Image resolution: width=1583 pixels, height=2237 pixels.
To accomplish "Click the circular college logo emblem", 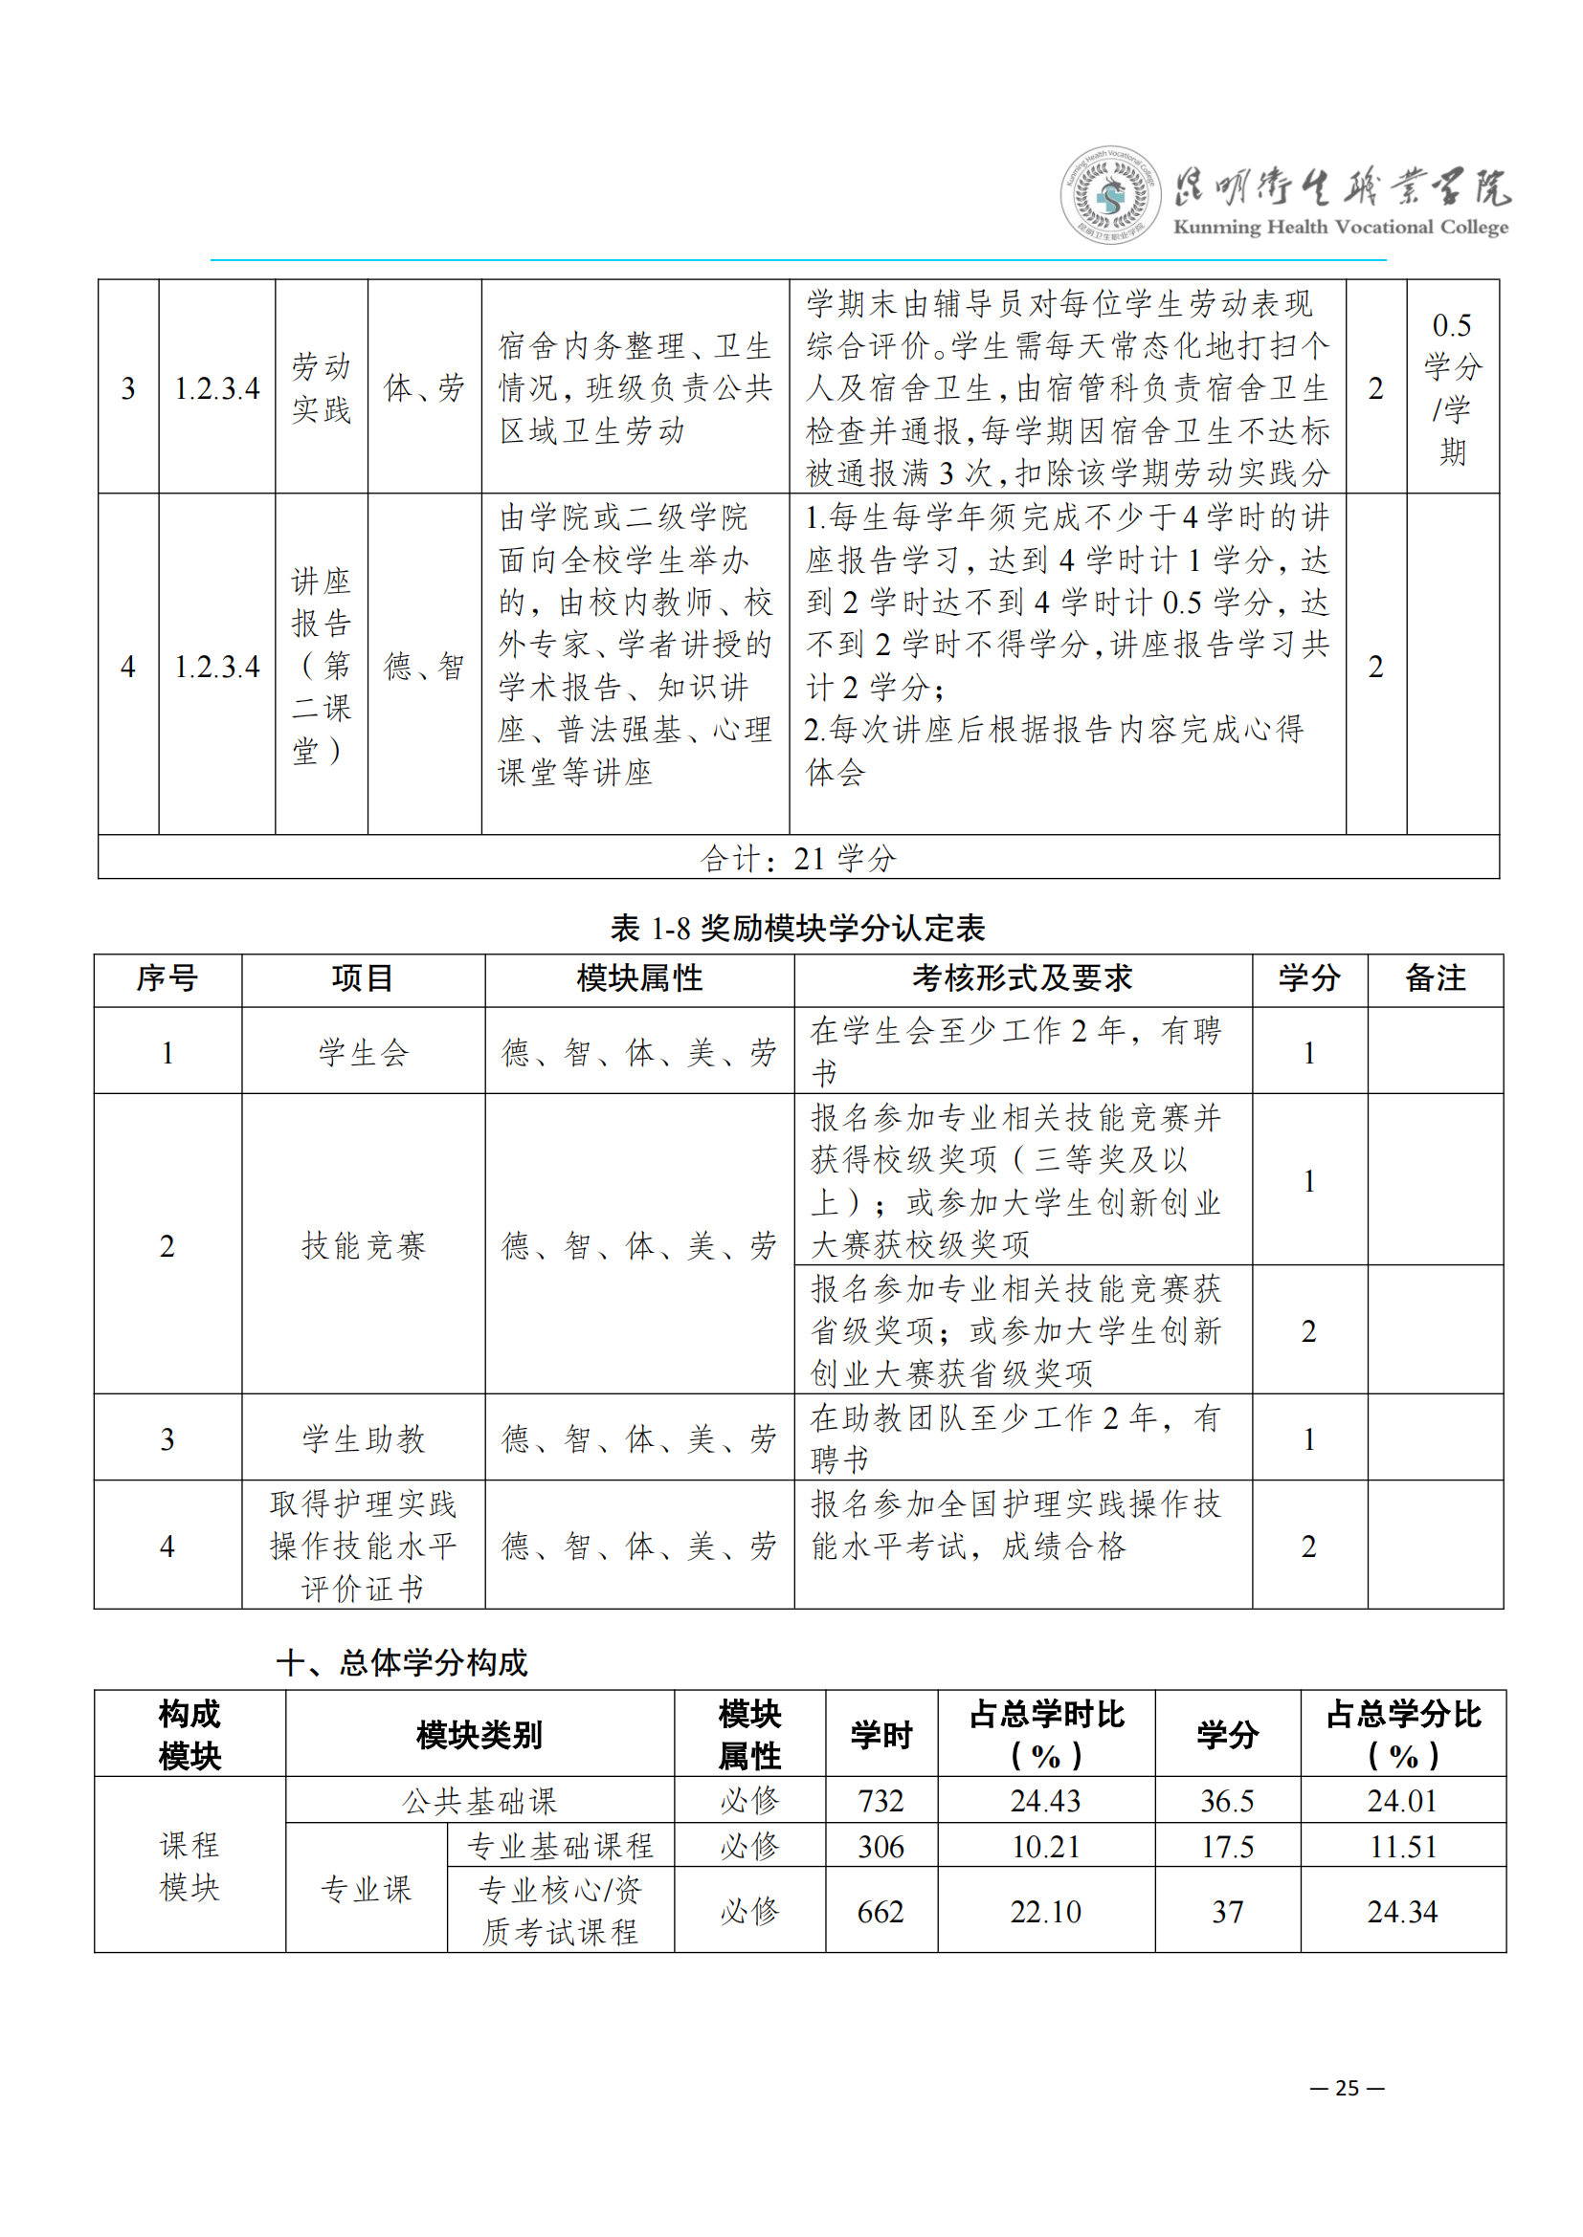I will tap(1109, 195).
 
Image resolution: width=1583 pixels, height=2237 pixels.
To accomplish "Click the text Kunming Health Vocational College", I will tap(1340, 227).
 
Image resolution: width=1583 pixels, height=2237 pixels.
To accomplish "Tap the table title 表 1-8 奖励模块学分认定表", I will tap(797, 928).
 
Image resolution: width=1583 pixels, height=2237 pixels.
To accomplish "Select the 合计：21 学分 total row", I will tap(797, 857).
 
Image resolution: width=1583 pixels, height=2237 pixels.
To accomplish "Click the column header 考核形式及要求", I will tap(1021, 978).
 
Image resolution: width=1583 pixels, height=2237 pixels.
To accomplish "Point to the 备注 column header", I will tap(1435, 978).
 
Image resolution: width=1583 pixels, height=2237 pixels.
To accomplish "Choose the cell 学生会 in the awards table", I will tap(363, 1052).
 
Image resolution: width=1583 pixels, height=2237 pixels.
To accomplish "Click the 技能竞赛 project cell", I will tap(363, 1244).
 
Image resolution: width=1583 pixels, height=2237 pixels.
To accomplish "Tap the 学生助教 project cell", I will tap(363, 1438).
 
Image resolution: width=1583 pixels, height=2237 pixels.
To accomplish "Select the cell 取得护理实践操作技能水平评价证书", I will tap(363, 1546).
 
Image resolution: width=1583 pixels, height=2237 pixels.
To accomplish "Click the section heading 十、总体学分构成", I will tap(402, 1662).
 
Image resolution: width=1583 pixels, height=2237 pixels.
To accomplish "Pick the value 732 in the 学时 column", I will tap(881, 1801).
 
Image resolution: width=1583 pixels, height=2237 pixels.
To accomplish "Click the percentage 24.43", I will tap(1045, 1801).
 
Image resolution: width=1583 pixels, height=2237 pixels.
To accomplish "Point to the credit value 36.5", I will tap(1226, 1801).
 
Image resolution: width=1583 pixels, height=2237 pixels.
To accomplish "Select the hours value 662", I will tap(881, 1912).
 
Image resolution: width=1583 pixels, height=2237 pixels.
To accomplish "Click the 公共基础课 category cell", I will tap(479, 1801).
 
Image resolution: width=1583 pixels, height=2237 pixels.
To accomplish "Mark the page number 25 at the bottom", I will tap(1348, 2088).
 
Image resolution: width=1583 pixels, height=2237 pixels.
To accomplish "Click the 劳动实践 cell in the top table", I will tap(321, 387).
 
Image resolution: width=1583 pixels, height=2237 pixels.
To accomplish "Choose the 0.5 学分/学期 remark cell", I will tap(1453, 387).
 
